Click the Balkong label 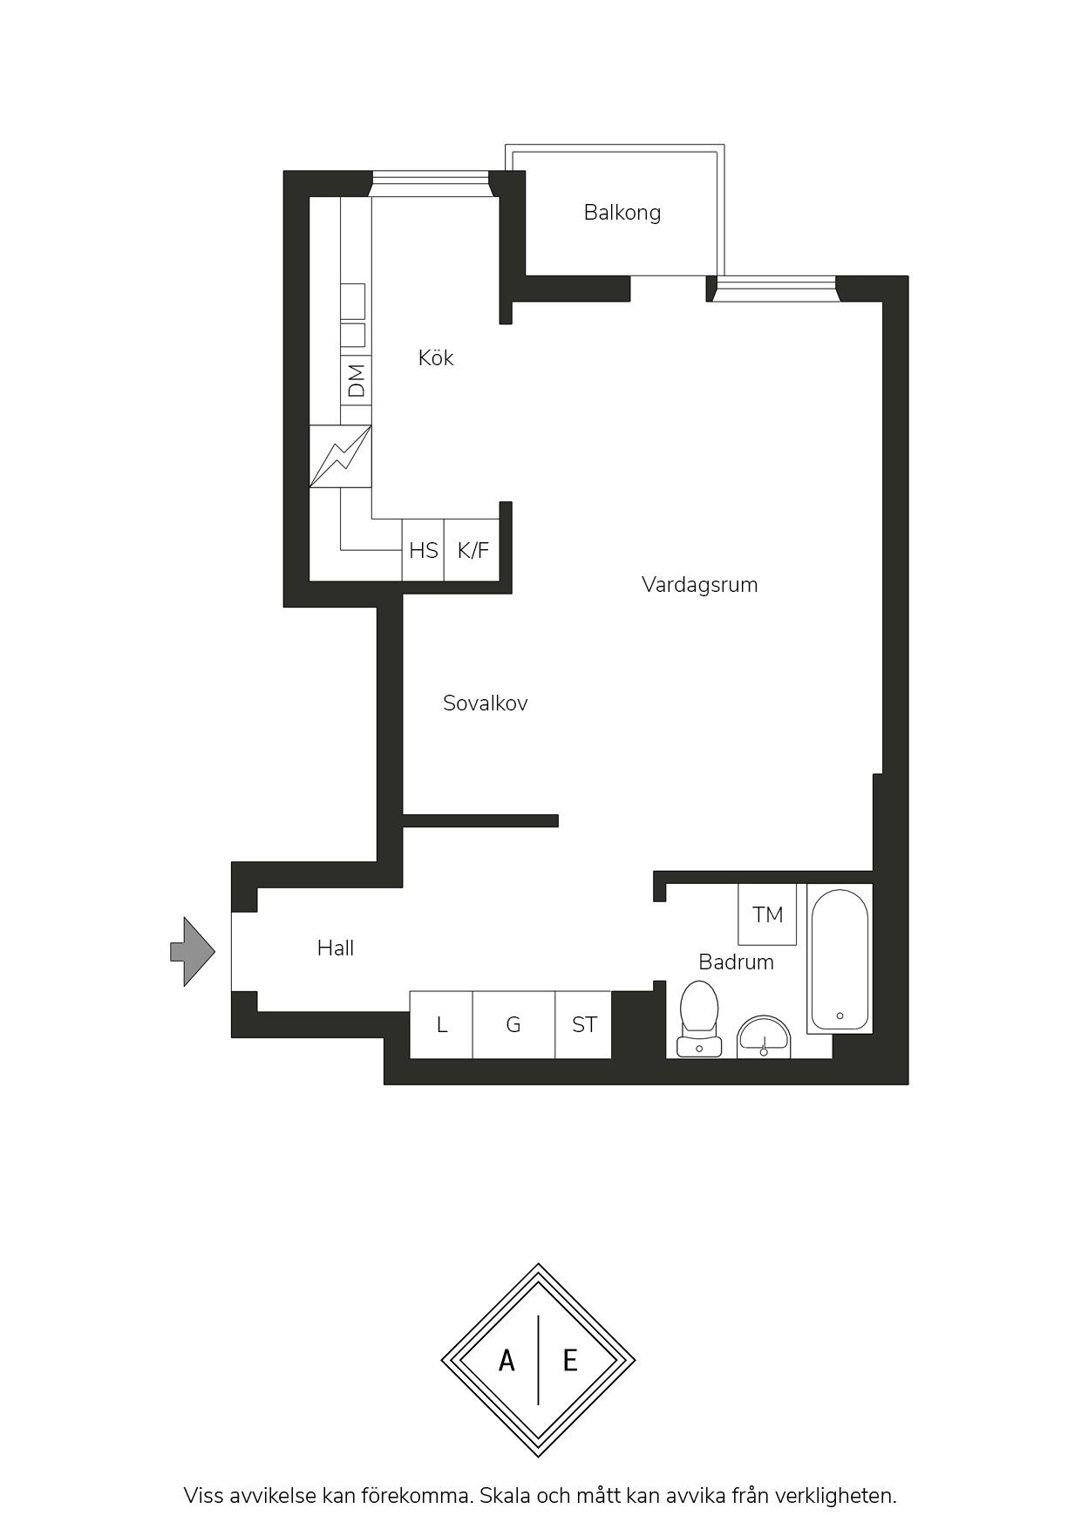point(622,213)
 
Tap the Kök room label point(436,357)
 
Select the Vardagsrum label point(700,584)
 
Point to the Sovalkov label point(486,703)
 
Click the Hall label point(336,948)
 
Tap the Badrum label point(737,962)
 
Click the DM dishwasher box point(356,380)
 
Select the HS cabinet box point(423,550)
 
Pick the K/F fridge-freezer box point(473,550)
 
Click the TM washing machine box point(767,914)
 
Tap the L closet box point(441,1024)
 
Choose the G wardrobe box point(513,1024)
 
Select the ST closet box point(583,1024)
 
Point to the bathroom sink point(764,1036)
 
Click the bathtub point(840,959)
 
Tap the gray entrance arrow point(193,952)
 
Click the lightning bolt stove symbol point(341,456)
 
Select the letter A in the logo point(507,1360)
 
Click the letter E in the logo point(570,1360)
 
